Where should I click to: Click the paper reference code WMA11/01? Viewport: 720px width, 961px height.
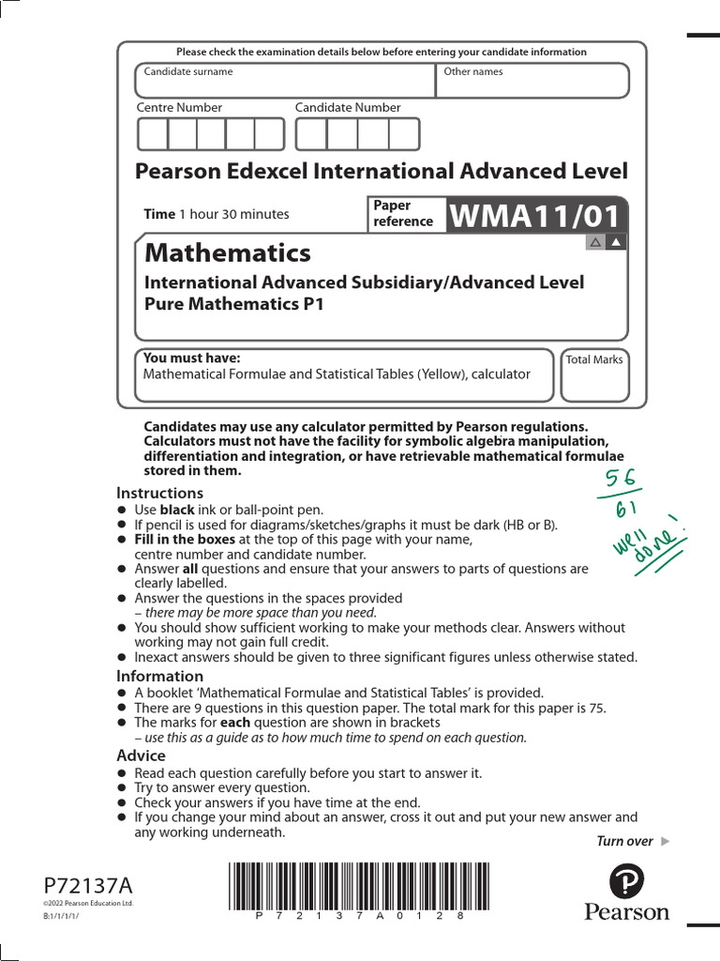(535, 217)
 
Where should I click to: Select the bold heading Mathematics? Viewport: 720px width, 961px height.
(227, 252)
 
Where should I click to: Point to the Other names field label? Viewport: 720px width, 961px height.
(472, 71)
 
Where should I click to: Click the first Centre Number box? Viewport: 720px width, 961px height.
(153, 134)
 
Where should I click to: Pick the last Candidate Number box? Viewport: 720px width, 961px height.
(404, 134)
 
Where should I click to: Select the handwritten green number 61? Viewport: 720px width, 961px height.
(627, 511)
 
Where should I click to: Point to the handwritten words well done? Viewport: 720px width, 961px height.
(650, 542)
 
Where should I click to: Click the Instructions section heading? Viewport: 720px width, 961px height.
(159, 493)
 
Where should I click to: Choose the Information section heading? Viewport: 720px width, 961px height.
(159, 676)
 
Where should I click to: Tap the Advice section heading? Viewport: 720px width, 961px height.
(141, 755)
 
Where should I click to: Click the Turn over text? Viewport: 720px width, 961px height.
(624, 841)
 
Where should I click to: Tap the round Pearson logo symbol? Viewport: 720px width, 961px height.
(626, 881)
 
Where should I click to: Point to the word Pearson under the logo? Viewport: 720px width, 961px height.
(627, 912)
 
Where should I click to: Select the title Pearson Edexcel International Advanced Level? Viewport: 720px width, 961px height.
(382, 171)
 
